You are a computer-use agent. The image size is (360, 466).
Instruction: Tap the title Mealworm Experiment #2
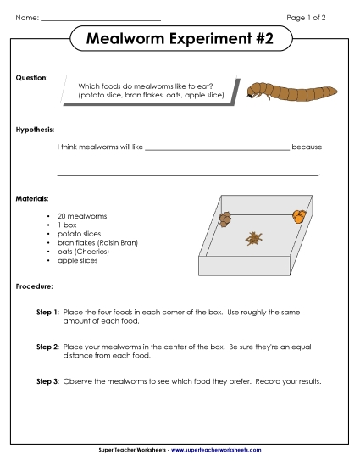tap(180, 39)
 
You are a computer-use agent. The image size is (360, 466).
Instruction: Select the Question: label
tap(32, 77)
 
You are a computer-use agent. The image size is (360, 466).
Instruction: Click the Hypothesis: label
tap(36, 130)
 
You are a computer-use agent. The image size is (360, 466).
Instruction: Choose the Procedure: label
tap(36, 286)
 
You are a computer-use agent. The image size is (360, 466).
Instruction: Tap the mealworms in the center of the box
tap(253, 239)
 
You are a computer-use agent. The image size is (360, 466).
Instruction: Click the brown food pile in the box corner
tap(224, 219)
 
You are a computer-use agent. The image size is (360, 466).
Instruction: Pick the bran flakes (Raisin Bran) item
tap(97, 242)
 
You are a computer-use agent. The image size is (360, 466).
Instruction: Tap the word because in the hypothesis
tap(307, 147)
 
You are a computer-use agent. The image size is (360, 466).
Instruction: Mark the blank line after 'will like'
tap(217, 148)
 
